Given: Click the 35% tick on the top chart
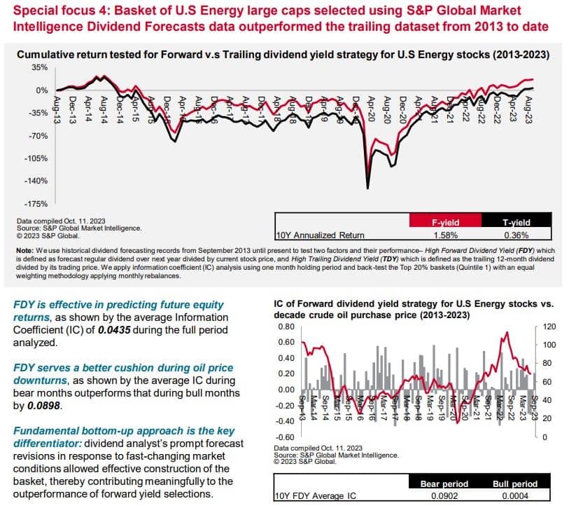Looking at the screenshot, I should tap(39, 68).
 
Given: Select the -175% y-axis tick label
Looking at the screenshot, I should tap(36, 204).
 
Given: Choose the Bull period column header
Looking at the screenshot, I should tap(514, 483).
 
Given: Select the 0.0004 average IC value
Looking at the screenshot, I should tap(514, 496).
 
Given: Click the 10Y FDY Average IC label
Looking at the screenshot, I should tap(314, 496).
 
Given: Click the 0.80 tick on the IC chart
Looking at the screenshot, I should tap(285, 327).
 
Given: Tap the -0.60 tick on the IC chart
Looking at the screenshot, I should tap(283, 437).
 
